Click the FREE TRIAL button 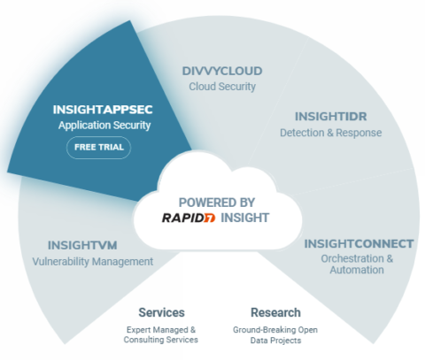click(98, 147)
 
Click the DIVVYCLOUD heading click(222, 72)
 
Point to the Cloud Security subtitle click(222, 87)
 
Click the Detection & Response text click(330, 133)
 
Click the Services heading click(162, 313)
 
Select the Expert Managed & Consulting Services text click(162, 333)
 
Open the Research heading click(275, 313)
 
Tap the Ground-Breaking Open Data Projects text click(275, 333)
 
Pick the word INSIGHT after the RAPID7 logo click(246, 218)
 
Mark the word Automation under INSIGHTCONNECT click(359, 270)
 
